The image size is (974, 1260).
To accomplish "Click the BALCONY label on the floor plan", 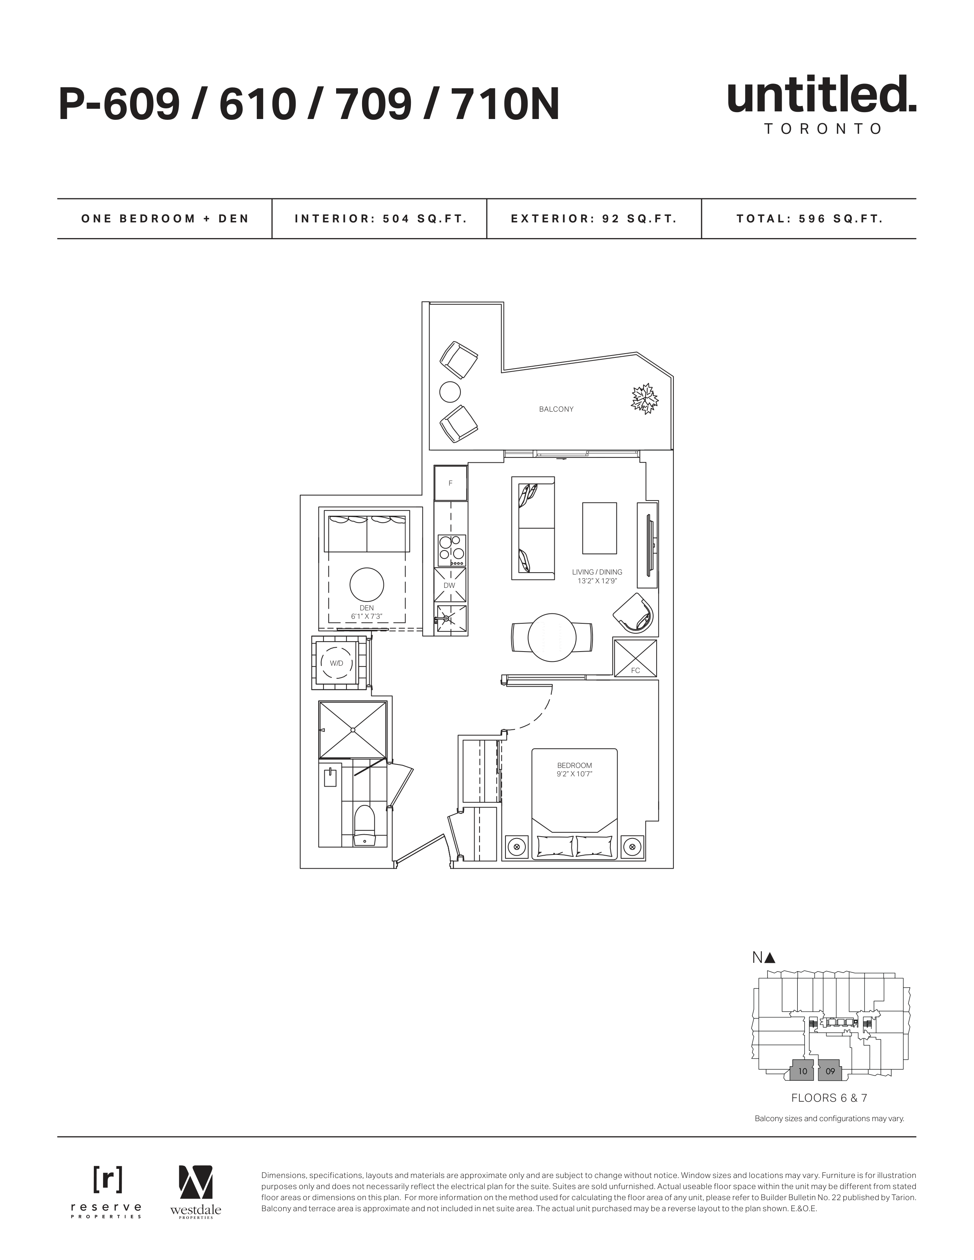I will [555, 409].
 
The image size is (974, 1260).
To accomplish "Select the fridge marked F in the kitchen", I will [451, 483].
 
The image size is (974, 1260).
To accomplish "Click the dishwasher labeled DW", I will [449, 585].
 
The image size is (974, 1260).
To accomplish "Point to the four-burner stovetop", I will [451, 550].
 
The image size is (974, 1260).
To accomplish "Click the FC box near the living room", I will [635, 658].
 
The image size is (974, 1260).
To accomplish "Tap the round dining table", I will [552, 637].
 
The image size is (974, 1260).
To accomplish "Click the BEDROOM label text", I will [575, 766].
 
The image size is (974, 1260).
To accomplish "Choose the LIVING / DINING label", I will [597, 572].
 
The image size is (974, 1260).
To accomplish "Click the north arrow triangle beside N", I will [770, 958].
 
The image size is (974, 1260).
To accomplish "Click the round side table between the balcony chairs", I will [450, 392].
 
